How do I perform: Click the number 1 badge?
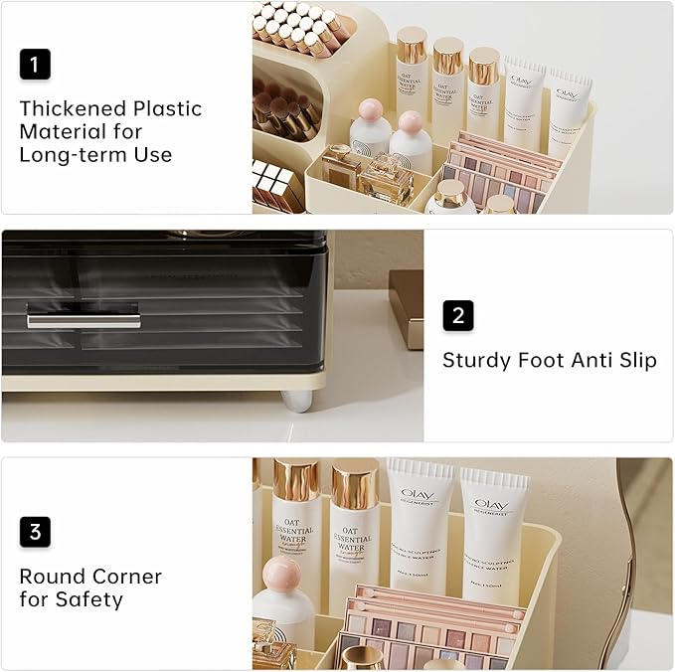click(x=35, y=65)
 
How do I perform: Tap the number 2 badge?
click(x=458, y=316)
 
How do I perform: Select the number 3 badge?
click(x=35, y=532)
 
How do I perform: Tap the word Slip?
click(x=633, y=360)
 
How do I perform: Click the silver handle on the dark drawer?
click(x=84, y=320)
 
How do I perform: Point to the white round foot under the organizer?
click(x=296, y=399)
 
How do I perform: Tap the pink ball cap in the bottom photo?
click(x=281, y=574)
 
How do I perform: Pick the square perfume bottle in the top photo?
click(x=386, y=179)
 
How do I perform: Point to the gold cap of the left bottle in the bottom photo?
click(x=296, y=479)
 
